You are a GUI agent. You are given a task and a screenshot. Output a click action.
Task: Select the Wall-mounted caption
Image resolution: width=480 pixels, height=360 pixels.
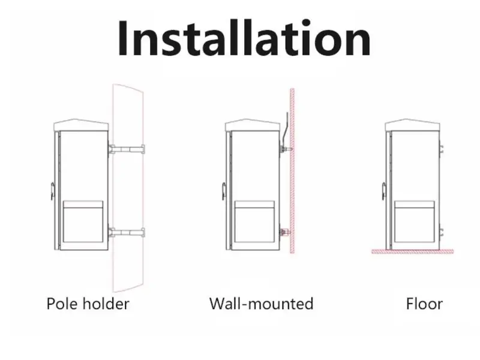pyautogui.click(x=261, y=304)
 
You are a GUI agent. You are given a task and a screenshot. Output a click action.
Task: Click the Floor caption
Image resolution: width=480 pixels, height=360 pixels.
pyautogui.click(x=424, y=304)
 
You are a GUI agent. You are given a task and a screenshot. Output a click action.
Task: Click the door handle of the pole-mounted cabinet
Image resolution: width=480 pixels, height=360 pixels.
pyautogui.click(x=53, y=191)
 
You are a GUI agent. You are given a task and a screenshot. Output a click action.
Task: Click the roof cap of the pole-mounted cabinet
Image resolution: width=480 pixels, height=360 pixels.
pyautogui.click(x=81, y=125)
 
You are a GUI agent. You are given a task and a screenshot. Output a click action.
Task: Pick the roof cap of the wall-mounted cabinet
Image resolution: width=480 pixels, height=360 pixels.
pyautogui.click(x=252, y=125)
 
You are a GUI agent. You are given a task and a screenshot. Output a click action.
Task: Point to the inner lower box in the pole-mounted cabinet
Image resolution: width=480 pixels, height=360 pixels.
pyautogui.click(x=84, y=222)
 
